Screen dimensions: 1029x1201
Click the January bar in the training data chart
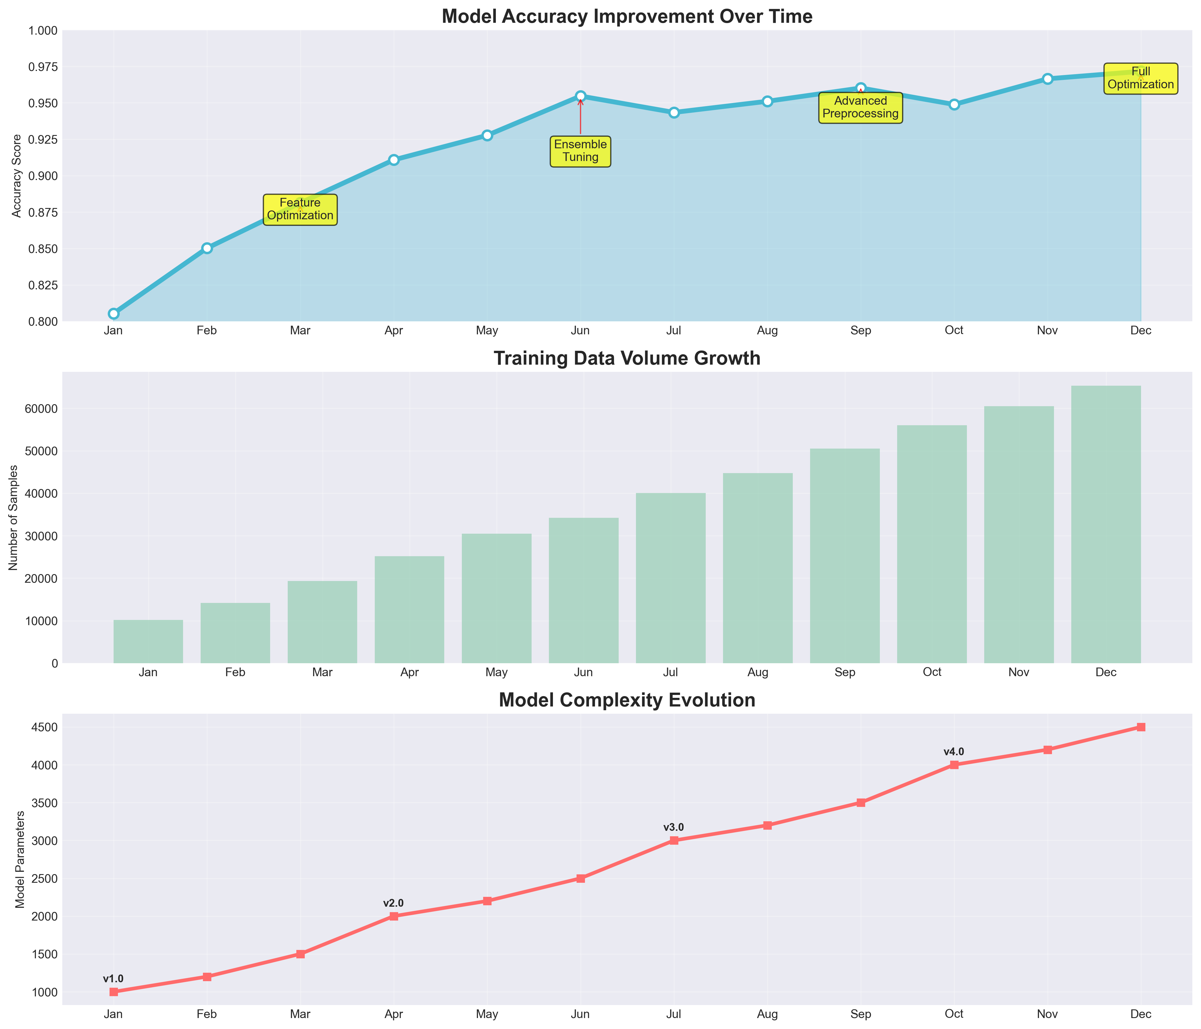tap(148, 642)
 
